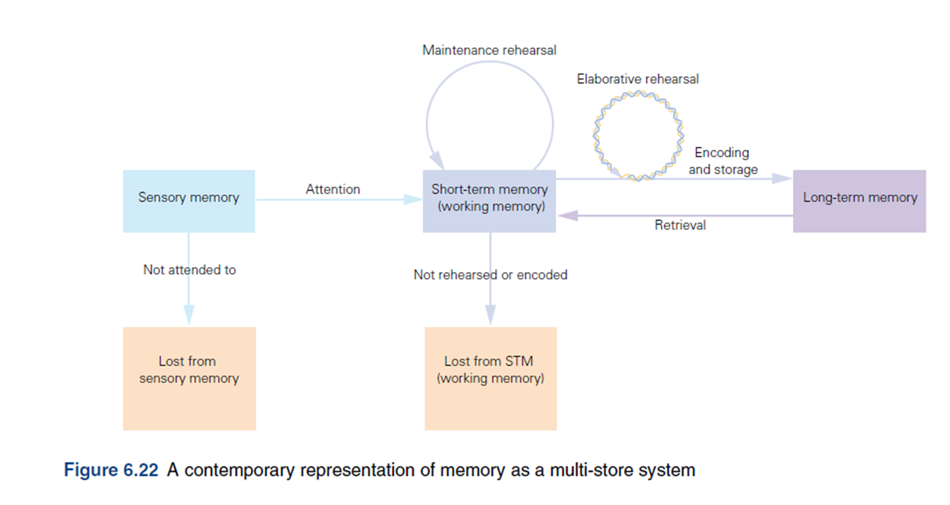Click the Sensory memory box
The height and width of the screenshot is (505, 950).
pos(189,201)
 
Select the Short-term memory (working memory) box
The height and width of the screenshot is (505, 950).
pos(489,201)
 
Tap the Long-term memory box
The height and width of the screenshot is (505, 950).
pos(859,201)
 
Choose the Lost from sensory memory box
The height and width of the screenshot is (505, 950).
pos(189,379)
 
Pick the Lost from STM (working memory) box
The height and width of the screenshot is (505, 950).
pos(491,379)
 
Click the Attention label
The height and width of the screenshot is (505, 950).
pos(333,189)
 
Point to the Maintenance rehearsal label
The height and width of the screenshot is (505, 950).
pos(489,50)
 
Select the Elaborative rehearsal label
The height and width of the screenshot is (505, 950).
pos(638,79)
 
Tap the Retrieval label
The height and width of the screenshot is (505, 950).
pos(680,225)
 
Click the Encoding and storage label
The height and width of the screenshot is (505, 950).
pos(723,161)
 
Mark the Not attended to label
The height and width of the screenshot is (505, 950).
pos(189,270)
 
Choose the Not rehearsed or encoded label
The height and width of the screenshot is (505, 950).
pos(490,275)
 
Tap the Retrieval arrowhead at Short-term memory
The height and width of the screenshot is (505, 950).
pos(568,216)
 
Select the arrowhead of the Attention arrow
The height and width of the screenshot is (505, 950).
pos(413,200)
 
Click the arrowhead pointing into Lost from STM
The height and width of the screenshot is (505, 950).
pos(490,316)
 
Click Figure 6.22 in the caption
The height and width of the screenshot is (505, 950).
pos(111,470)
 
